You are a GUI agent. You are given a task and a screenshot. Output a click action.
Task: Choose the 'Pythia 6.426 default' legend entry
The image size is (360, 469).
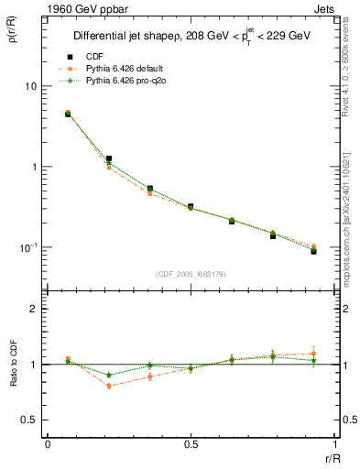(124, 68)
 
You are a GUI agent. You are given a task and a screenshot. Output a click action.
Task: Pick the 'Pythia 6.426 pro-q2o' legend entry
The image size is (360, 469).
(125, 81)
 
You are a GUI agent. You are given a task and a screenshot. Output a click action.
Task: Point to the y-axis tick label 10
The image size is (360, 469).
(30, 86)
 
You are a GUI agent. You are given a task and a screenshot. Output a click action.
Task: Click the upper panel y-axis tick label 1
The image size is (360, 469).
(34, 167)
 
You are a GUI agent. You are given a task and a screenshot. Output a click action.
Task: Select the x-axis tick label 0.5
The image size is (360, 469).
(190, 446)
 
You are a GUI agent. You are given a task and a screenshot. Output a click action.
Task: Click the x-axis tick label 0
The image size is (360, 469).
(48, 446)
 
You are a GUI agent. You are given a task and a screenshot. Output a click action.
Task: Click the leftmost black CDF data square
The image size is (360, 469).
(68, 115)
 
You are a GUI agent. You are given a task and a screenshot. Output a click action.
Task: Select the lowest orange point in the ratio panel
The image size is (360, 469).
(109, 386)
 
